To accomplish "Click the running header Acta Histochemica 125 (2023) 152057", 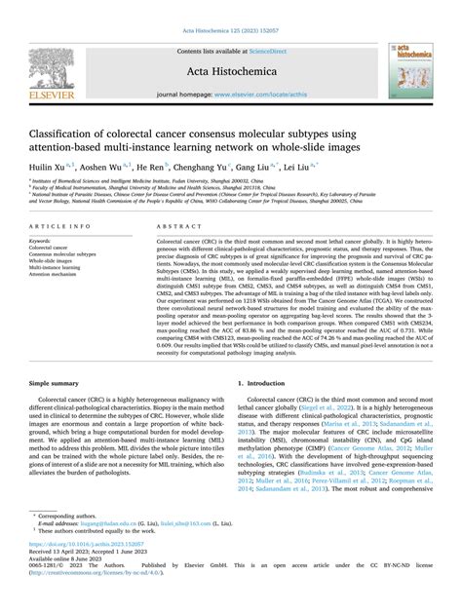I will [230, 7].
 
